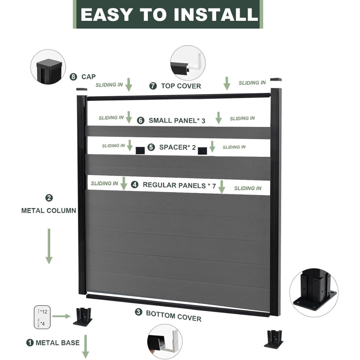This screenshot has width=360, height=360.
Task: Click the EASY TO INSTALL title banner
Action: coord(168,14)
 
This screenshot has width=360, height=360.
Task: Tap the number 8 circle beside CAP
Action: coord(73,76)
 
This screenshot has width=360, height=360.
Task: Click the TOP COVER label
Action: coord(181,86)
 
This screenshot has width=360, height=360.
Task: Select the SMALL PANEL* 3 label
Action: coord(177,120)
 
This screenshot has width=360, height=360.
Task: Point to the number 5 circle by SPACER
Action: coord(151,147)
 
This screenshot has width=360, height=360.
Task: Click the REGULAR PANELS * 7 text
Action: coord(179,185)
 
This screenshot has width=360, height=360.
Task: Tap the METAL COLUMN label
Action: coord(49,210)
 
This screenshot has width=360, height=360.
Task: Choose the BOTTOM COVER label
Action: coord(174,316)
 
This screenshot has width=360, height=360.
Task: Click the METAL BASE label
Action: coord(58,343)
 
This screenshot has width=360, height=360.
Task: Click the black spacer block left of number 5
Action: coord(140,150)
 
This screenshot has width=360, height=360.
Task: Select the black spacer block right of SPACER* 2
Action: coord(202,151)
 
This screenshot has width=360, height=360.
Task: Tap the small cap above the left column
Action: coord(82,89)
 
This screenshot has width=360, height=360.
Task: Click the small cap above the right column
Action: coord(276,79)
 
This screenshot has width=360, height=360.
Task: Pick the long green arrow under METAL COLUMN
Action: coord(49,246)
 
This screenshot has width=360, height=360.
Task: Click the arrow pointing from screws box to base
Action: coord(61,316)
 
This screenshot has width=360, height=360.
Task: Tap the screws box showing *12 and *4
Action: coord(42,317)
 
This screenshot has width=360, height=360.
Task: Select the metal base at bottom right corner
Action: coord(273,339)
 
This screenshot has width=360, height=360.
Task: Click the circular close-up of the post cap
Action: coord(48,67)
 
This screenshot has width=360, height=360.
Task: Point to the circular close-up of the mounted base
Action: coord(314,293)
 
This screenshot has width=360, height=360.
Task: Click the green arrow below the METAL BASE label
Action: coord(85,346)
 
